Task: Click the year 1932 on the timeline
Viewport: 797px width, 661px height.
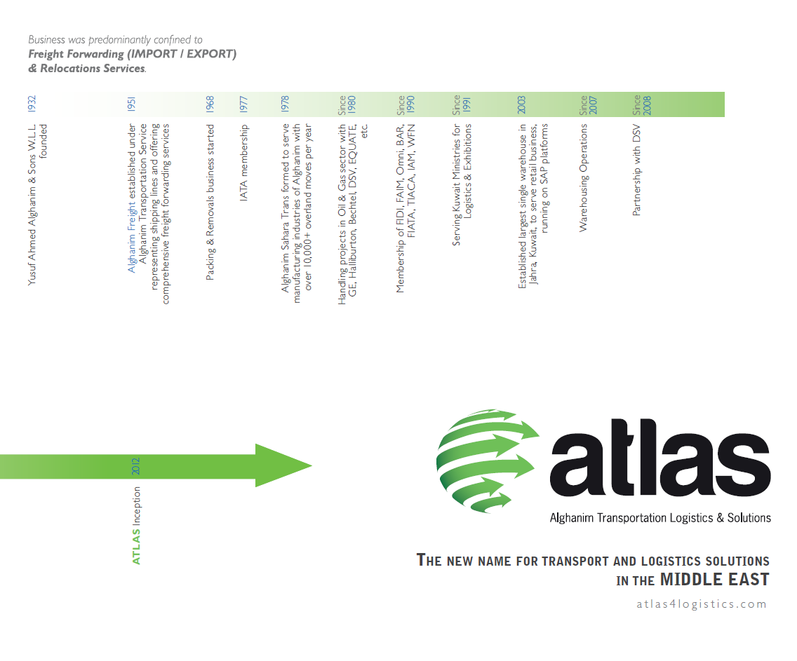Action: pyautogui.click(x=32, y=104)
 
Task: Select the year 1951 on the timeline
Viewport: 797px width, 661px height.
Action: pyautogui.click(x=132, y=104)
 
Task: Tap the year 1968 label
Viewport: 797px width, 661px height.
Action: pyautogui.click(x=210, y=104)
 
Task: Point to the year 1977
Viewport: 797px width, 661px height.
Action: pyautogui.click(x=243, y=104)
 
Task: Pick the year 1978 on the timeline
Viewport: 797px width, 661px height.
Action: pyautogui.click(x=285, y=104)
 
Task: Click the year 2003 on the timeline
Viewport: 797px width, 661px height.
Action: pyautogui.click(x=521, y=104)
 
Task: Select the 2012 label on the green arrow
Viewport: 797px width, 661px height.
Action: pyautogui.click(x=135, y=466)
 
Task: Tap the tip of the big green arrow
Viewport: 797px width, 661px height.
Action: pyautogui.click(x=312, y=465)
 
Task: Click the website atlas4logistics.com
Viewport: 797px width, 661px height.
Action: pyautogui.click(x=702, y=604)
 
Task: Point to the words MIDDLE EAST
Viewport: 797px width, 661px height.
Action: pyautogui.click(x=715, y=579)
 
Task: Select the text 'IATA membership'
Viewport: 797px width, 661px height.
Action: pyautogui.click(x=243, y=163)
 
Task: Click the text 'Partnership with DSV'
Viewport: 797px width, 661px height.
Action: pyautogui.click(x=636, y=170)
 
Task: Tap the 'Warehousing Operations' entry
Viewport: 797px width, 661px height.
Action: pyautogui.click(x=583, y=178)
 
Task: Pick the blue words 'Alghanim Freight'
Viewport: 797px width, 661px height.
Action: pyautogui.click(x=132, y=237)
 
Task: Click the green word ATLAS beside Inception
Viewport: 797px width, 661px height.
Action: pyautogui.click(x=136, y=547)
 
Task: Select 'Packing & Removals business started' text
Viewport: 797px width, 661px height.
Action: pyautogui.click(x=210, y=202)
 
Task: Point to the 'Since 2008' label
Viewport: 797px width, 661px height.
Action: pyautogui.click(x=641, y=104)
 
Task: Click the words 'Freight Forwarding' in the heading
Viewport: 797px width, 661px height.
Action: pyautogui.click(x=76, y=54)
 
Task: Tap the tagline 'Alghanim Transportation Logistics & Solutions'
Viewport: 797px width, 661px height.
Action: pyautogui.click(x=660, y=518)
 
